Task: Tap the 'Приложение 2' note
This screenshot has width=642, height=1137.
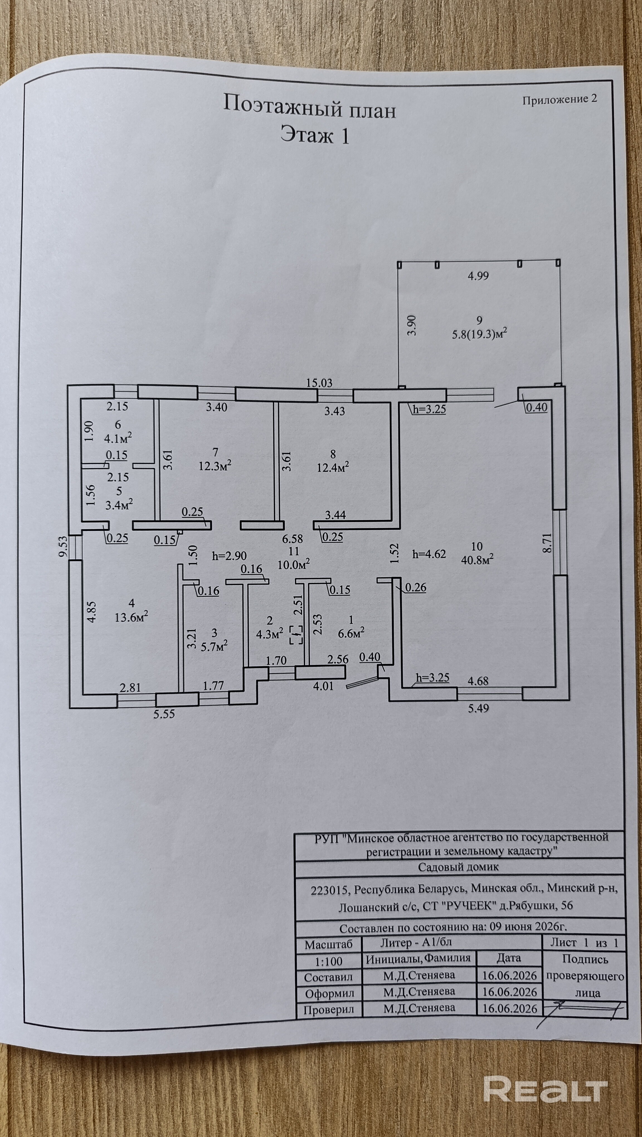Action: click(560, 99)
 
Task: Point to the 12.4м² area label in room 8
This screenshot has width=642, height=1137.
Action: click(333, 467)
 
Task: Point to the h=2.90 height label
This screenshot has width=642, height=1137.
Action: click(229, 556)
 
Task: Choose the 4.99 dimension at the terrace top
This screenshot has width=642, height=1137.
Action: click(478, 276)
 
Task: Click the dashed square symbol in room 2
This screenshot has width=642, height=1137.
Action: click(296, 634)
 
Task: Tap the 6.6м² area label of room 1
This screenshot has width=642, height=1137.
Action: click(351, 633)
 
